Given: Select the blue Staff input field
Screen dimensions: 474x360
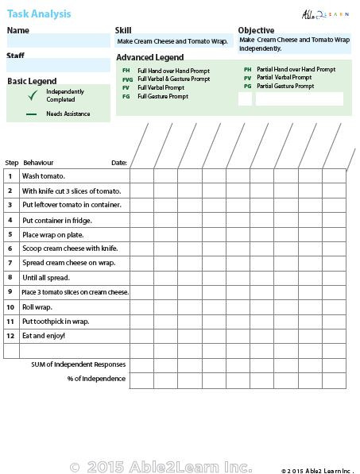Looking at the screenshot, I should tap(58, 66).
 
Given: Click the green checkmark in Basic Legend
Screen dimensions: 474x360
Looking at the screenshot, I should tap(33, 96).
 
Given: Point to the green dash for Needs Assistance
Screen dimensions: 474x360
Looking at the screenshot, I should tap(32, 114).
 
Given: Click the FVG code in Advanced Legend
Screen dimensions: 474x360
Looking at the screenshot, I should tap(127, 79).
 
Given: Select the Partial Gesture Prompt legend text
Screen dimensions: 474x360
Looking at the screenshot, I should tap(281, 86).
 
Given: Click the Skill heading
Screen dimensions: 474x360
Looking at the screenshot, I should tap(124, 30).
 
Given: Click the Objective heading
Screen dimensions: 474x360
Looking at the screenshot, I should tap(256, 30).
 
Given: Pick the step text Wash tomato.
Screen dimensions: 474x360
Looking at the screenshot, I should tap(44, 176).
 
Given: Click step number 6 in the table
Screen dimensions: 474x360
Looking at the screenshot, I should tap(10, 249).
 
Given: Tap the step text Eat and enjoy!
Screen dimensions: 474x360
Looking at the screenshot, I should tap(44, 336).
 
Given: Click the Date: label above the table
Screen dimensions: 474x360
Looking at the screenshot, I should tap(119, 163).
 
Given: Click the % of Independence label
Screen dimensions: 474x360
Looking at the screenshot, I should tap(96, 379).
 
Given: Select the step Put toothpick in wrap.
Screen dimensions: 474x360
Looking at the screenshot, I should tap(56, 322).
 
